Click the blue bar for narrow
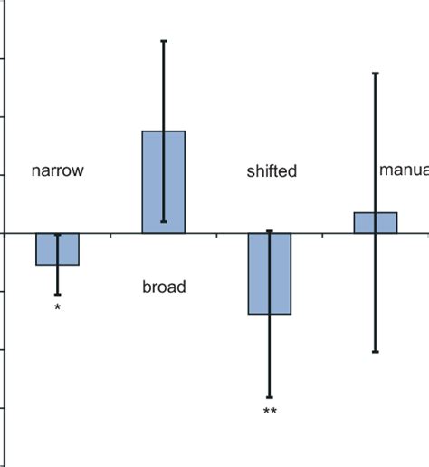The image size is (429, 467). [x=58, y=249]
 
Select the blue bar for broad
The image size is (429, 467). [x=164, y=182]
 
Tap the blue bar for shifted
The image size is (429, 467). [x=270, y=274]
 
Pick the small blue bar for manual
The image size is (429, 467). [x=376, y=223]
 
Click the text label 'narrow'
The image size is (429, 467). [x=58, y=170]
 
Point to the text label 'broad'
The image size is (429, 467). [x=164, y=287]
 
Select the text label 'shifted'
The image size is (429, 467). [x=272, y=170]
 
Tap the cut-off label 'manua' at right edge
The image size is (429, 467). [x=404, y=170]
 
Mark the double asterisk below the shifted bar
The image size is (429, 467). [x=270, y=413]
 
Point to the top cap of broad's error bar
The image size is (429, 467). [x=164, y=41]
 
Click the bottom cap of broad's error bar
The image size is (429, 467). [x=164, y=221]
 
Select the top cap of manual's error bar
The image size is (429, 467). [x=376, y=73]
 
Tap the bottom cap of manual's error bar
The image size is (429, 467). [x=376, y=351]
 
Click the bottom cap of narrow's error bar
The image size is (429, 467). [x=58, y=295]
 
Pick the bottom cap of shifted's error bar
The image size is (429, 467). [x=270, y=397]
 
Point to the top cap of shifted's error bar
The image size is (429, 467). [x=270, y=231]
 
